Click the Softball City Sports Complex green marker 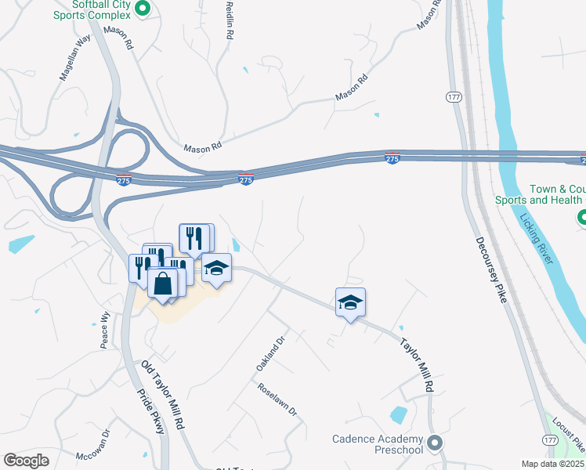(x=142, y=9)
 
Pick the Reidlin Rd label (x=229, y=24)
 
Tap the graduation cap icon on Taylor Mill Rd (x=350, y=302)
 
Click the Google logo (x=27, y=461)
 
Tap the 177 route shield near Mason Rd (x=454, y=96)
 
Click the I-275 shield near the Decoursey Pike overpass (x=392, y=158)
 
